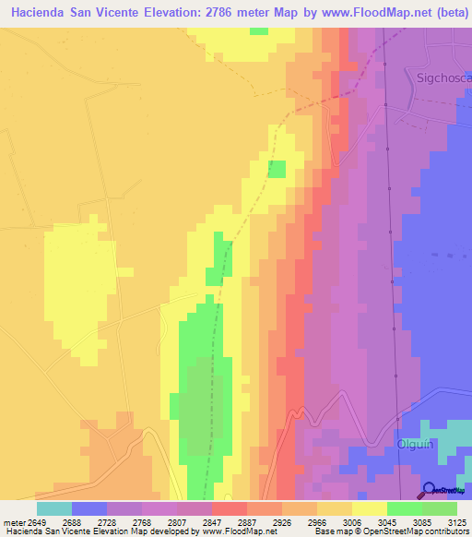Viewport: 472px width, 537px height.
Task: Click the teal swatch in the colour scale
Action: tap(54, 508)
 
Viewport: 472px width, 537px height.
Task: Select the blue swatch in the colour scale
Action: tap(89, 508)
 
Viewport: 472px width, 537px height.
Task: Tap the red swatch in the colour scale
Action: tap(230, 508)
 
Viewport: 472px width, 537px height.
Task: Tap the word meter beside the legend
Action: tap(14, 521)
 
